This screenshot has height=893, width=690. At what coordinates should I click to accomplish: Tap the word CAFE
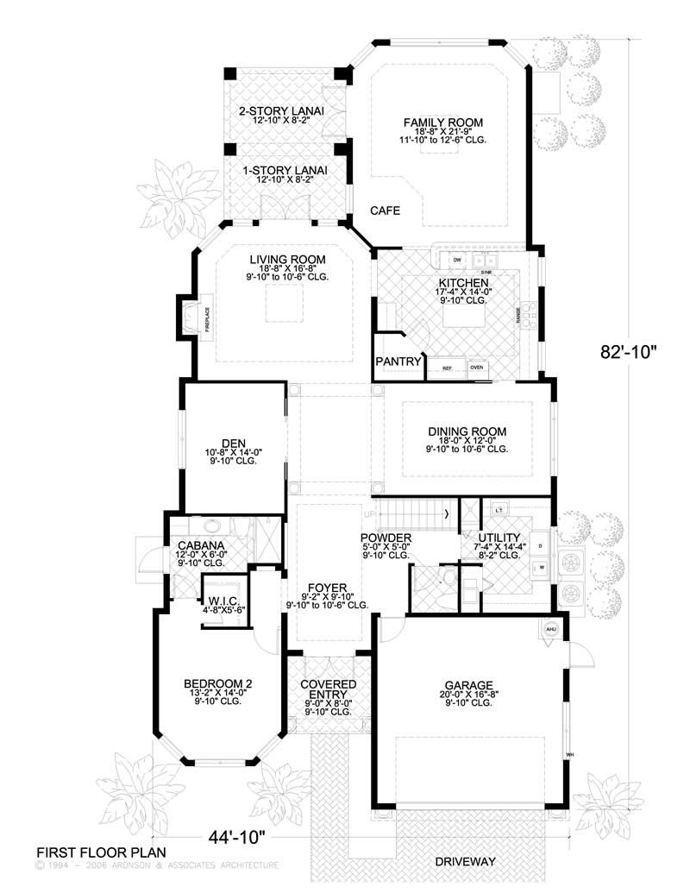[x=385, y=211]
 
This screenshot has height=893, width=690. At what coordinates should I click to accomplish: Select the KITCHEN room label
[x=463, y=282]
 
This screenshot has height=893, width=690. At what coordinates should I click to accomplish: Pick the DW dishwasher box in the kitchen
[x=457, y=259]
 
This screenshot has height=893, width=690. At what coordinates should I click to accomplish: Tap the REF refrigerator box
[x=447, y=368]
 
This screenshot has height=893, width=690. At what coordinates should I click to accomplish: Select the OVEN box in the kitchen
[x=476, y=368]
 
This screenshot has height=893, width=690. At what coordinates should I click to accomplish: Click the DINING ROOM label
[x=467, y=431]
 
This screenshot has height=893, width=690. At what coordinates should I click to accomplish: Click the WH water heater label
[x=569, y=754]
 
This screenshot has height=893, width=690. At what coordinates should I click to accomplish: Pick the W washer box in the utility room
[x=542, y=568]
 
